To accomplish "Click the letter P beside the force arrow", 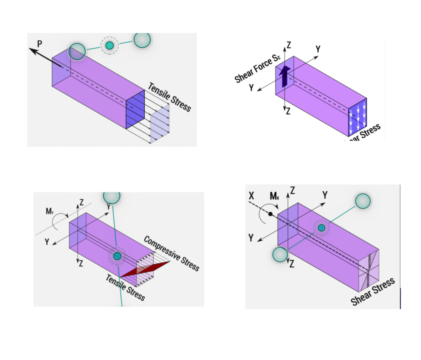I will coord(39,44).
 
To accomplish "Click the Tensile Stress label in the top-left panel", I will coord(169,97).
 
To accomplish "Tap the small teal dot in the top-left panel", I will coord(109,45).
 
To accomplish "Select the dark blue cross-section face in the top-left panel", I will coord(135,109).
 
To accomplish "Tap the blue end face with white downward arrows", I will coord(357,117).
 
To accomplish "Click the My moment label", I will coord(50,211).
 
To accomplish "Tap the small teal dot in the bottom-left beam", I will coord(117,256).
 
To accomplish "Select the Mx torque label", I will coord(274,196).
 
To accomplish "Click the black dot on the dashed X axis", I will coord(270,214).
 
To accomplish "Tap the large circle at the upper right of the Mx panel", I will coord(363,201).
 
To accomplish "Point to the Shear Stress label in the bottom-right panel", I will coord(372,291).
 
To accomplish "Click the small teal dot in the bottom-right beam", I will coord(322,228).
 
